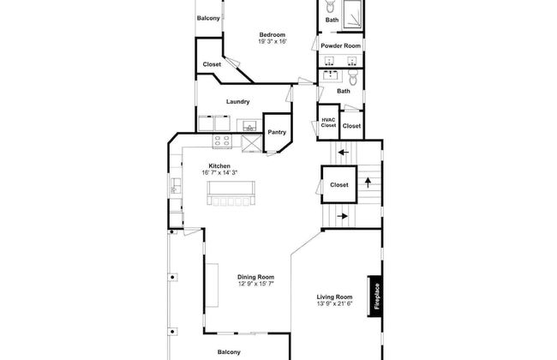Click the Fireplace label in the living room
click(377, 296)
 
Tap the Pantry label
click(277, 132)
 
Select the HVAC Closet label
click(328, 123)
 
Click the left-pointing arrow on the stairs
click(344, 153)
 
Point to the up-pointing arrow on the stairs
click(368, 183)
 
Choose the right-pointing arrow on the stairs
click(342, 216)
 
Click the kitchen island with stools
click(231, 193)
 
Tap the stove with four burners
click(222, 141)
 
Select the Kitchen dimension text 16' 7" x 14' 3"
click(219, 173)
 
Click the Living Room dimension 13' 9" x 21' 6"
click(334, 303)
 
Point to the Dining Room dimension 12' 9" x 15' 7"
click(255, 284)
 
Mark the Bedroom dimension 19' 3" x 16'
click(273, 42)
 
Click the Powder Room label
click(341, 45)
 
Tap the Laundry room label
click(238, 102)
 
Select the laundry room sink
click(249, 126)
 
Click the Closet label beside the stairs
click(339, 185)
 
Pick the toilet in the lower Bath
click(353, 77)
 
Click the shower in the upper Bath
click(353, 15)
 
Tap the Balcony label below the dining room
click(229, 352)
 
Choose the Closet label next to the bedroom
click(212, 64)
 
